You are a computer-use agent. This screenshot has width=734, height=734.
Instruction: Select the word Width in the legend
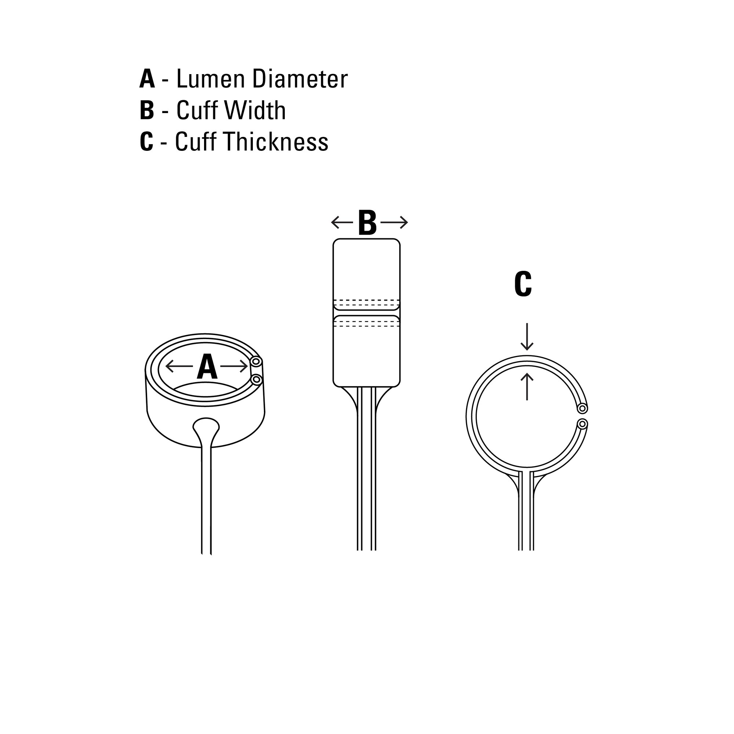pos(255,110)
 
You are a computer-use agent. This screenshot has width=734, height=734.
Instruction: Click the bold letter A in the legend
pos(147,79)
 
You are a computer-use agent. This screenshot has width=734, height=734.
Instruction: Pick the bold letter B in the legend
pos(147,110)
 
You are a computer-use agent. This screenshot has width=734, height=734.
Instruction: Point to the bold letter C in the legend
pos(147,142)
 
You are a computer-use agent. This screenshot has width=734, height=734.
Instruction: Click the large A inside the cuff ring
pos(207,367)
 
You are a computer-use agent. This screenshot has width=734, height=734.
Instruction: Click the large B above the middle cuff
pos(367,223)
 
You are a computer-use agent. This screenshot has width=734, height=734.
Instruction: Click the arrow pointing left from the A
pos(179,366)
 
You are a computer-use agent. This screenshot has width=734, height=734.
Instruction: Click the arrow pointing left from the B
pos(342,222)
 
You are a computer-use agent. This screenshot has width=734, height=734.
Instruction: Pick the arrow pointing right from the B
pos(394,222)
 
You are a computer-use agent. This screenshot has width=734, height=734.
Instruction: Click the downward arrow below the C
pos(527,337)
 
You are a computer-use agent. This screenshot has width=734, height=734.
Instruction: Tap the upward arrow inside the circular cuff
pos(527,387)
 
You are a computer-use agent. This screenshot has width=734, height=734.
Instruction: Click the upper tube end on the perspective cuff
pos(257,361)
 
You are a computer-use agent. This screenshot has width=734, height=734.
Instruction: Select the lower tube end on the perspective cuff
pos(257,379)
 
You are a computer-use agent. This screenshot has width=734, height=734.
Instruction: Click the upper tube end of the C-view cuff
pos(582,408)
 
